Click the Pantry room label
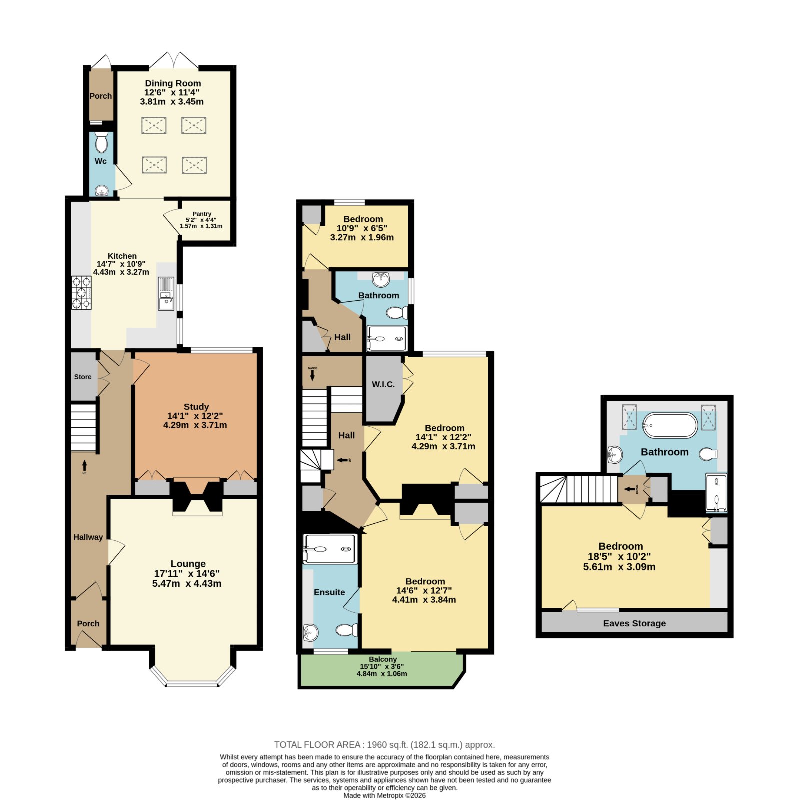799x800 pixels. point(202,214)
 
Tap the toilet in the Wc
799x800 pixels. point(101,142)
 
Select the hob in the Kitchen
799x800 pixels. point(81,293)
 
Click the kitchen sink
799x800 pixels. point(166,294)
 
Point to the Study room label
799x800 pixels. point(196,407)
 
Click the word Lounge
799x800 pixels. point(188,564)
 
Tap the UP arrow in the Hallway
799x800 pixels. point(84,466)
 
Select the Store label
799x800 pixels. point(83,377)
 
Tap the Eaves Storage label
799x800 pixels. point(634,623)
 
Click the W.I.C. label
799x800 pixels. point(383,384)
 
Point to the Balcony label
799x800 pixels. point(383,659)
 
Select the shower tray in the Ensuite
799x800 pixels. point(330,549)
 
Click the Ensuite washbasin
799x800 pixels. point(310,632)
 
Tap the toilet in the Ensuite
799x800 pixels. point(347,630)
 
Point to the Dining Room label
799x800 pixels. point(173,83)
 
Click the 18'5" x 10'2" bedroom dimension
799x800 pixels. point(619,556)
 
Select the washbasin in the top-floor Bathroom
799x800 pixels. point(615,455)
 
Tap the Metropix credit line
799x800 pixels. point(384,795)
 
